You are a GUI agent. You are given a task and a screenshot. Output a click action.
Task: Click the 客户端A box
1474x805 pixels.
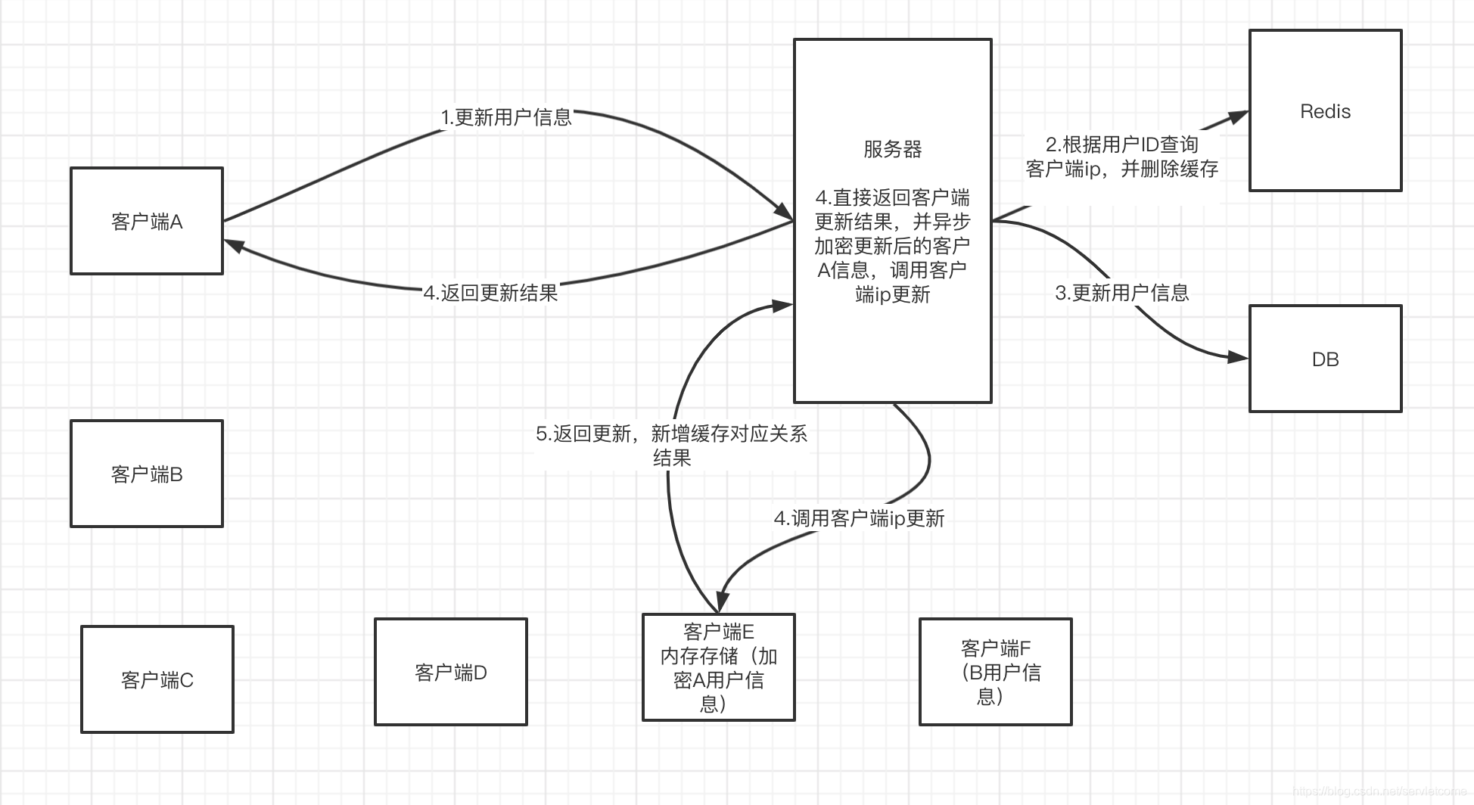[x=147, y=221]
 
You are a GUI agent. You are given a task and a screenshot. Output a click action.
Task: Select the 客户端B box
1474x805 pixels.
[x=147, y=474]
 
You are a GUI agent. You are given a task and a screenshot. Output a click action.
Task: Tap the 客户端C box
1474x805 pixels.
[x=157, y=679]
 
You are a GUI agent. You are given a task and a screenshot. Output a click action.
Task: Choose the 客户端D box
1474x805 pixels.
[x=451, y=672]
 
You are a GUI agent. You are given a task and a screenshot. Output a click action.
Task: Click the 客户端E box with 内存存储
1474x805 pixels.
[x=718, y=667]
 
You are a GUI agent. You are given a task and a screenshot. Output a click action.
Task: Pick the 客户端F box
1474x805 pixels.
[x=996, y=672]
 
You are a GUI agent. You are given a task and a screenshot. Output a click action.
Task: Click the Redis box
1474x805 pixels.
[x=1325, y=111]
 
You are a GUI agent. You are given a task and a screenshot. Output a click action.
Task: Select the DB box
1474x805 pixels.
[x=1325, y=359]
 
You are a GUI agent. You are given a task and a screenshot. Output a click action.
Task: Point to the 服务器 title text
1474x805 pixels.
[x=893, y=149]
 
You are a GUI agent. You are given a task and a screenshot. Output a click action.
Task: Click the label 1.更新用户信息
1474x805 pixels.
[x=506, y=117]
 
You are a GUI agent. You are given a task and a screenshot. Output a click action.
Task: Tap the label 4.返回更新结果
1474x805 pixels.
[x=491, y=293]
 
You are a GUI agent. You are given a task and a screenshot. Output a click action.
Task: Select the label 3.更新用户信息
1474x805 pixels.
[x=1122, y=293]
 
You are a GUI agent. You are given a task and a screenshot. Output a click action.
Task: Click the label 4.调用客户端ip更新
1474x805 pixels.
[x=859, y=518]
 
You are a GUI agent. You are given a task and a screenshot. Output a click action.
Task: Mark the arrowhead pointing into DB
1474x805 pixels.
[x=1238, y=357]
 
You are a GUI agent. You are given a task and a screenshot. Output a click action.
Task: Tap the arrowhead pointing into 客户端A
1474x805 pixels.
[x=233, y=244]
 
